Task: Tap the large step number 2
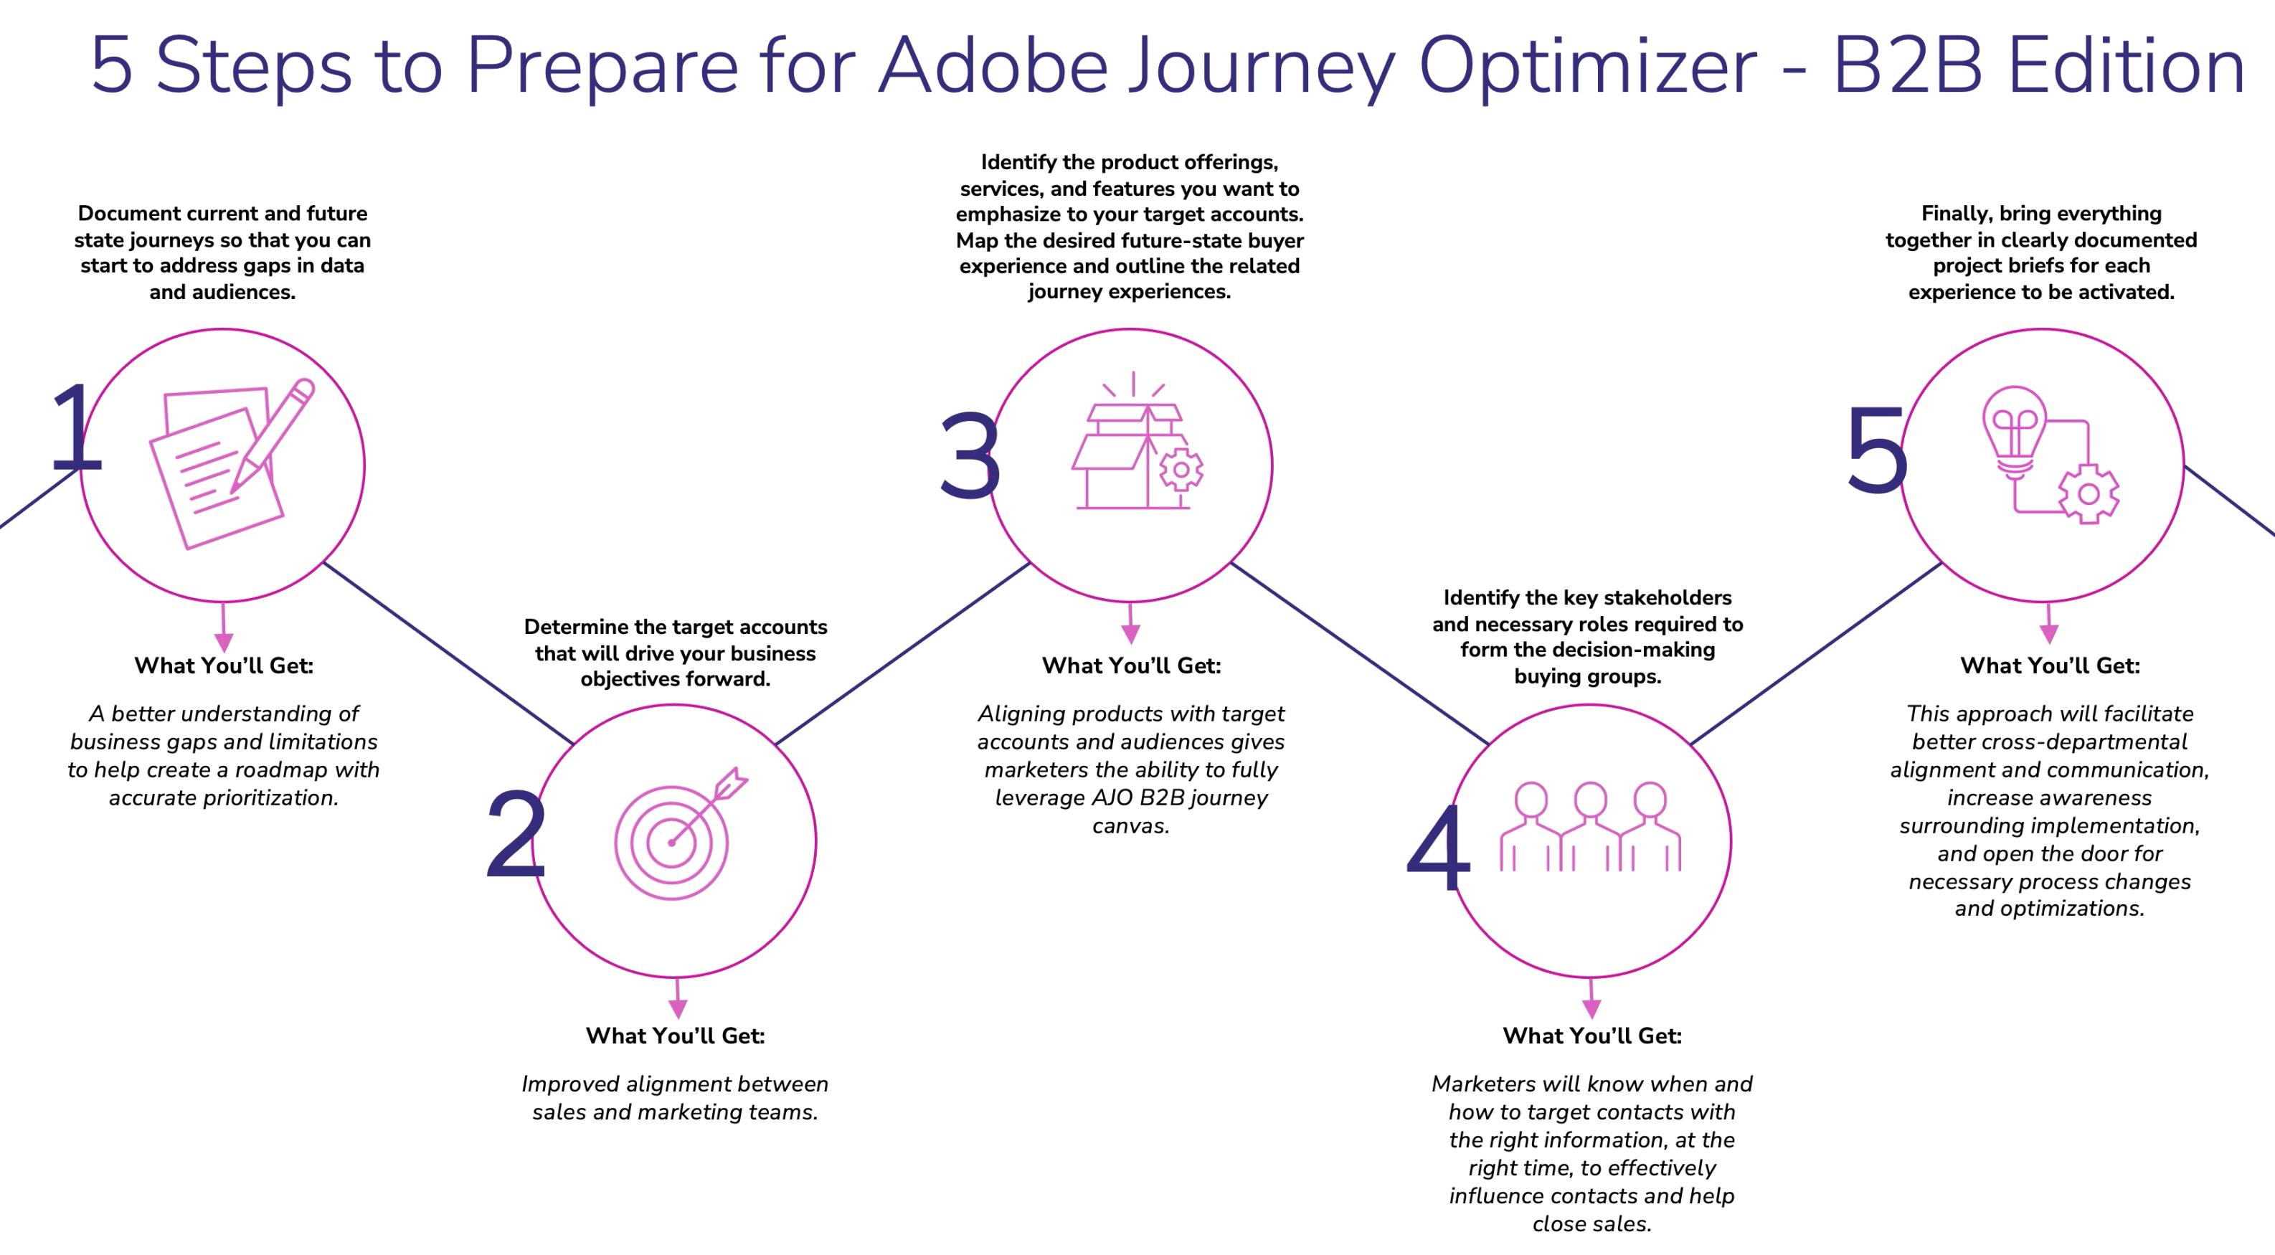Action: coord(516,834)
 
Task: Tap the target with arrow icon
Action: coord(676,835)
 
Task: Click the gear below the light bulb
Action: coord(2089,493)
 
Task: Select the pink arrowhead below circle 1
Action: coord(224,642)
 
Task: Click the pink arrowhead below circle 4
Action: coord(1591,1008)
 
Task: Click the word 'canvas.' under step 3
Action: coord(1130,825)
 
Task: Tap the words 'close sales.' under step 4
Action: coord(1591,1224)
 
